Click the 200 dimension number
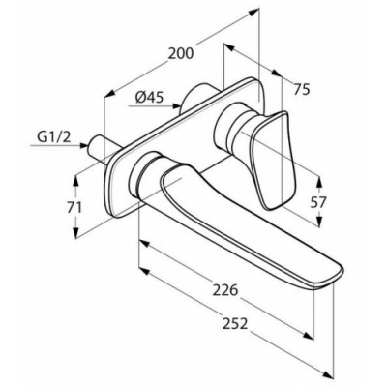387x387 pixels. point(181,53)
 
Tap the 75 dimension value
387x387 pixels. point(302,89)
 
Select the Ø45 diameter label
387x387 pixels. point(149,97)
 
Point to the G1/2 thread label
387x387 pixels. point(54,137)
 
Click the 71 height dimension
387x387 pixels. point(74,208)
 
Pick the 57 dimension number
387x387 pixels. point(318,202)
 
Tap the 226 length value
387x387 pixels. point(225,290)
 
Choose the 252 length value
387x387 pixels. point(235,323)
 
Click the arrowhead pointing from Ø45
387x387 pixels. point(176,105)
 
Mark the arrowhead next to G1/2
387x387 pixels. point(83,145)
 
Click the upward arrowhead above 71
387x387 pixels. point(75,180)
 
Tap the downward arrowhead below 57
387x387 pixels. point(319,222)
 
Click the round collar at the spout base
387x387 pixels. point(142,175)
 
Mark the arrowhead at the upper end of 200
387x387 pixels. point(254,12)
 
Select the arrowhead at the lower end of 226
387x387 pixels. point(309,336)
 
